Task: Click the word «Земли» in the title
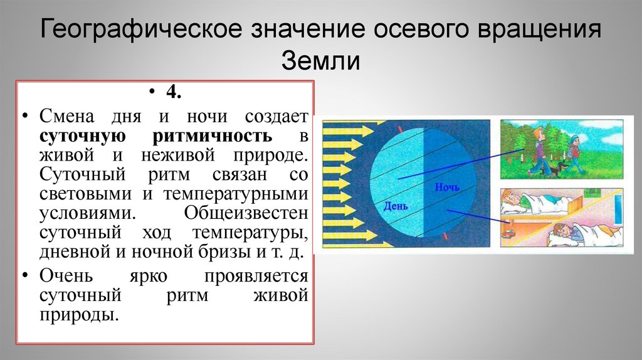point(320,61)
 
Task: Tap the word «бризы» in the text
point(226,253)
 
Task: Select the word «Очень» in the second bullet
point(66,275)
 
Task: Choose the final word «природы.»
point(79,314)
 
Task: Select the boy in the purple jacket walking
point(538,151)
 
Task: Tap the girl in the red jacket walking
point(574,154)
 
